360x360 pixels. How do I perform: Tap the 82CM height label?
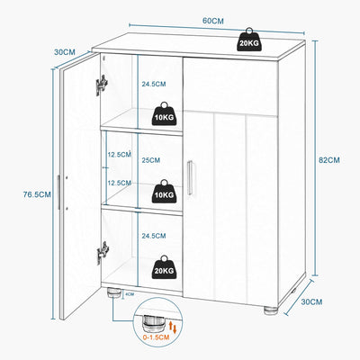tap(329, 161)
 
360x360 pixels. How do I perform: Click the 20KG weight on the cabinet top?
tap(249, 40)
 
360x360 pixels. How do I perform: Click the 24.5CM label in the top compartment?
tap(153, 85)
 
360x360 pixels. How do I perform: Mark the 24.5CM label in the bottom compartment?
tap(153, 236)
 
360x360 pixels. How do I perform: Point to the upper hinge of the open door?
tap(103, 85)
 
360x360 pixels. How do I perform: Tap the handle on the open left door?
tap(59, 193)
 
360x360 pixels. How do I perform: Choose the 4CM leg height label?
tap(130, 292)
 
